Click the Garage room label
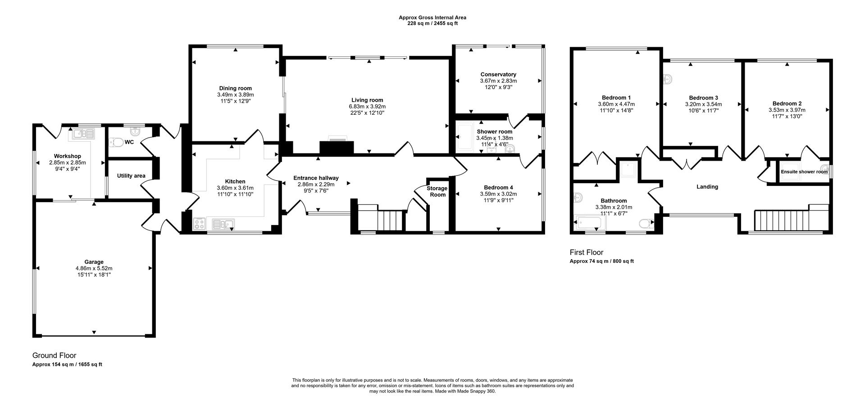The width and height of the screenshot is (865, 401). click(94, 262)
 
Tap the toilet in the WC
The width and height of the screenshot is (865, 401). click(117, 142)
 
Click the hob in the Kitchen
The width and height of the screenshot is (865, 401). click(200, 224)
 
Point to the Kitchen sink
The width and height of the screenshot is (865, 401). click(223, 224)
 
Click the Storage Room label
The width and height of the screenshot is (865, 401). click(437, 191)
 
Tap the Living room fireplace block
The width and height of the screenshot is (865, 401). click(337, 147)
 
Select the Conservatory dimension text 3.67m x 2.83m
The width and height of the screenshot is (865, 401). click(498, 81)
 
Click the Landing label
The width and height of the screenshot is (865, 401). click(707, 187)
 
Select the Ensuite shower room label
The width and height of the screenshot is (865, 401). click(804, 171)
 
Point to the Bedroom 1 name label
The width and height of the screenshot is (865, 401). click(616, 98)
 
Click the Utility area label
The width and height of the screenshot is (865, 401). click(131, 176)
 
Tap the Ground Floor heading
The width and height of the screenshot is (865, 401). click(54, 356)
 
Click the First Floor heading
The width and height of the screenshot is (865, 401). click(586, 252)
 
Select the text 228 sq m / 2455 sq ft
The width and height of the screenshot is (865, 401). click(432, 23)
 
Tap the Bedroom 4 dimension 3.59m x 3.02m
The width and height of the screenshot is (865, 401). click(498, 194)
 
